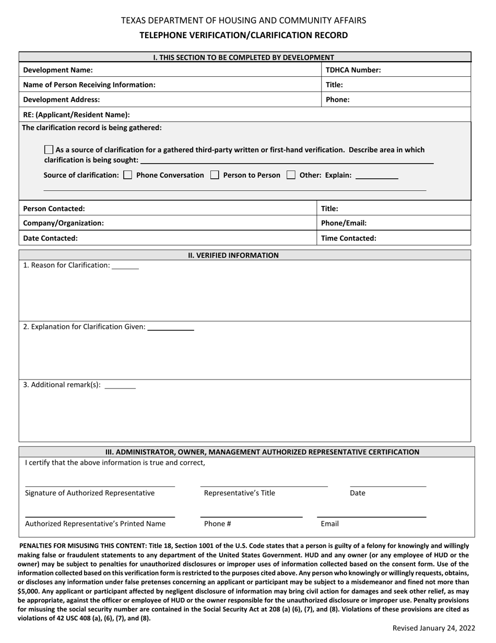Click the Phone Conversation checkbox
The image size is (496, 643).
click(128, 175)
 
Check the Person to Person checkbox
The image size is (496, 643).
click(215, 175)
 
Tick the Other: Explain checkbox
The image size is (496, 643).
click(291, 175)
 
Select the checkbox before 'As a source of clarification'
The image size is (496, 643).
click(49, 150)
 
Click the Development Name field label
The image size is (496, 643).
click(58, 70)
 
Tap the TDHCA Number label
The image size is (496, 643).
click(353, 70)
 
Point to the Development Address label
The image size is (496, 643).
click(62, 99)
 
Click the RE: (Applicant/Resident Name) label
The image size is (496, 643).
click(76, 114)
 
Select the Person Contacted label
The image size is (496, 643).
click(54, 208)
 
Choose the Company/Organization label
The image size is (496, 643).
click(63, 223)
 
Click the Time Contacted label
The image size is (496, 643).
click(348, 238)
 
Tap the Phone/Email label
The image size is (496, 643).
click(344, 223)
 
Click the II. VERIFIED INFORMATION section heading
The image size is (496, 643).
click(233, 255)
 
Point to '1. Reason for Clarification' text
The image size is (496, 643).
click(67, 265)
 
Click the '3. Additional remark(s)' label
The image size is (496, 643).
click(62, 385)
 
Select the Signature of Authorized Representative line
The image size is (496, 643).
click(100, 486)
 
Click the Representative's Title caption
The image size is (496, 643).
click(239, 493)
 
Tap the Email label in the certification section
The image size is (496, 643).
click(329, 523)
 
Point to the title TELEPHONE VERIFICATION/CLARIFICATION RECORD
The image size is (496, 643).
click(243, 36)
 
